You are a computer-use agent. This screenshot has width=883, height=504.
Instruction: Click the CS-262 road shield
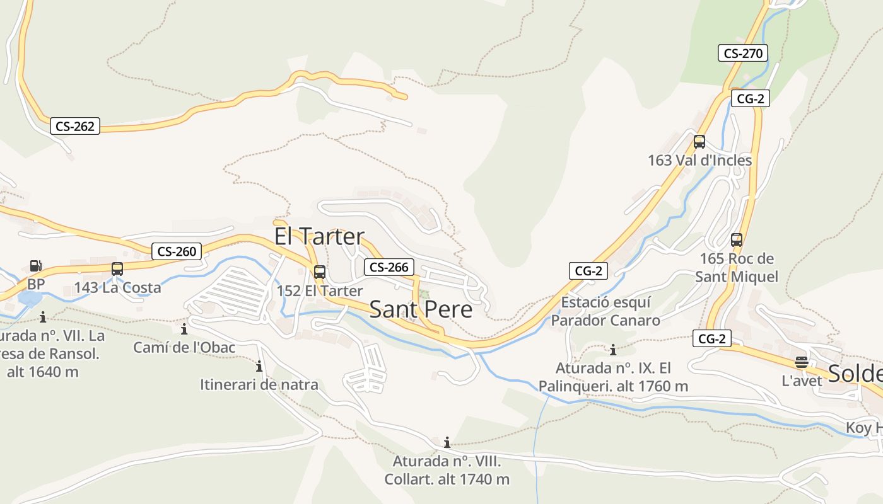point(75,126)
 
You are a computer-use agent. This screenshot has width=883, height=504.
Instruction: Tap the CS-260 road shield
point(177,251)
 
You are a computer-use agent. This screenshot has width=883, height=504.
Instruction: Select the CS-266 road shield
point(389,267)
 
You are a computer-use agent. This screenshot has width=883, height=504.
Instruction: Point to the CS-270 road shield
point(743,53)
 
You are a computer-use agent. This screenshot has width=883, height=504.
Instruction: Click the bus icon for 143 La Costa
point(117,269)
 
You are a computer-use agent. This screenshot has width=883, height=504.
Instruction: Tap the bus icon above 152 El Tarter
point(320,272)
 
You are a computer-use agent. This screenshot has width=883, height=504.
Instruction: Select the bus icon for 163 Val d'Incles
point(699,142)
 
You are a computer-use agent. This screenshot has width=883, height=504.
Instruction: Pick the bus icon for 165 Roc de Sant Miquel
point(737,240)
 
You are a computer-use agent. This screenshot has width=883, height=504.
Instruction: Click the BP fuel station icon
point(36,266)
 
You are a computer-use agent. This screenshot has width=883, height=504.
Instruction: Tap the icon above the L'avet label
point(802,362)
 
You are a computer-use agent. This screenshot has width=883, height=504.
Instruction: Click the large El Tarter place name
point(319,236)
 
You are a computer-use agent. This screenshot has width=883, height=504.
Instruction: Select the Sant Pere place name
point(421,309)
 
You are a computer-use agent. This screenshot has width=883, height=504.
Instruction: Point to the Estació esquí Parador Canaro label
point(605,311)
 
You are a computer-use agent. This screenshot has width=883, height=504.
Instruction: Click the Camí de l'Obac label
point(184,347)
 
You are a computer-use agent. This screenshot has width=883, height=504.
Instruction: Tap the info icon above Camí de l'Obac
point(184,329)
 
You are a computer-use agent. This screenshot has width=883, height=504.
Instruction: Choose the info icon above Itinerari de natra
point(259,366)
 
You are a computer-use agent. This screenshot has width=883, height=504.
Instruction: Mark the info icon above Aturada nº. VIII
point(447,442)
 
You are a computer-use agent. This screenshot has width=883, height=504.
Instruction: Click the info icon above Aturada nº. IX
point(612,350)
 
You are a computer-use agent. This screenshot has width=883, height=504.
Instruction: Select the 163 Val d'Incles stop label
point(700,160)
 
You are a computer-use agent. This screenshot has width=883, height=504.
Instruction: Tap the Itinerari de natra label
point(259,384)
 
